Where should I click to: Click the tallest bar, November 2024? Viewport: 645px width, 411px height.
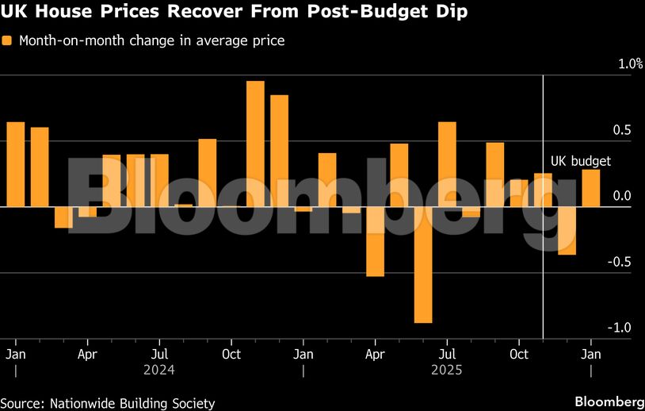(255, 144)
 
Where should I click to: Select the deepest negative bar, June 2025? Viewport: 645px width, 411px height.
(423, 265)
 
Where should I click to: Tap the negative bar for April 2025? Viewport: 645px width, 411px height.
(375, 242)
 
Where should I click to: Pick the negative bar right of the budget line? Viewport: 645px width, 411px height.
(567, 231)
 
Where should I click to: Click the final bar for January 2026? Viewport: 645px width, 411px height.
(590, 188)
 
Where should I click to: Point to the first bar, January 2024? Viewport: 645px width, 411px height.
(16, 164)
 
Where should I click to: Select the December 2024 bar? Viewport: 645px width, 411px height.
(279, 151)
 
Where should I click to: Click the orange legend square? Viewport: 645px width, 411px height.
(7, 40)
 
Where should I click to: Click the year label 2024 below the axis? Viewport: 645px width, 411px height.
(159, 370)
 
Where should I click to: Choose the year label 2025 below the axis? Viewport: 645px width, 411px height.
(446, 370)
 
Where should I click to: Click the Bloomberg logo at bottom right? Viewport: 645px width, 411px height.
(609, 401)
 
